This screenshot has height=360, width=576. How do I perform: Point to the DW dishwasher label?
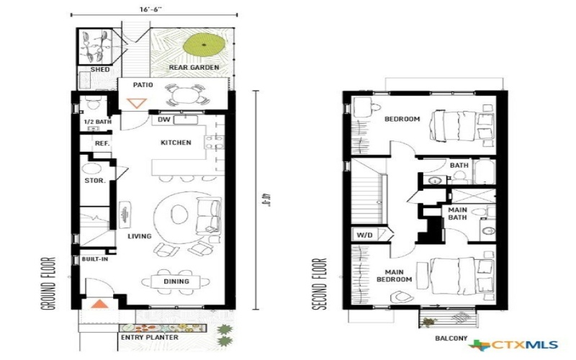click(163, 120)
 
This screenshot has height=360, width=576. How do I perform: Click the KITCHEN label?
click(176, 143)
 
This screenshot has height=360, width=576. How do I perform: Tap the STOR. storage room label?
click(95, 181)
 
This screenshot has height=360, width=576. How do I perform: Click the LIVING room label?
click(139, 236)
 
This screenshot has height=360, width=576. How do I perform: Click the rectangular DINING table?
click(176, 282)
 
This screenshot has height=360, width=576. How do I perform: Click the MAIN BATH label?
click(458, 213)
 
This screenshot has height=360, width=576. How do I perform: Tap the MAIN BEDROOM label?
click(394, 275)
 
